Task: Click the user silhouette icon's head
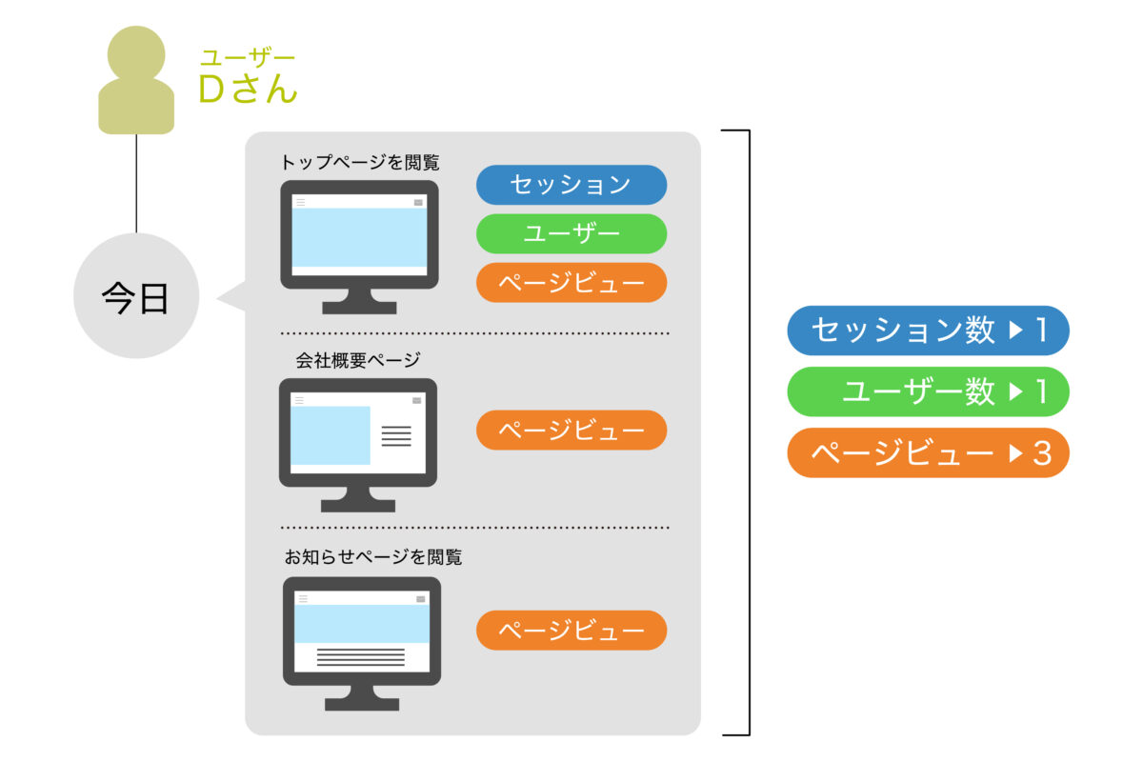(x=136, y=54)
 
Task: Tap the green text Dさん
(x=248, y=89)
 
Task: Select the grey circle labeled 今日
(x=136, y=296)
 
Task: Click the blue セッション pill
(x=571, y=185)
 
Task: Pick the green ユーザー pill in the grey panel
(x=571, y=233)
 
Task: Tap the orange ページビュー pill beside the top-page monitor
(x=571, y=283)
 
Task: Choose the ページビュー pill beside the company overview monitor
(x=571, y=431)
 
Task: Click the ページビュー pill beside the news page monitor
(x=571, y=631)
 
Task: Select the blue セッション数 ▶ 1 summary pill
(x=928, y=331)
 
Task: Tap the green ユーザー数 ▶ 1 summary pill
(x=928, y=391)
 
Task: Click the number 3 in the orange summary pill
(x=1042, y=453)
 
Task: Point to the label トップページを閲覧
(x=360, y=163)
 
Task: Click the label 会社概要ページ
(x=358, y=360)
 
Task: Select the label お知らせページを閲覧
(x=373, y=557)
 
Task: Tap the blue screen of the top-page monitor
(x=359, y=237)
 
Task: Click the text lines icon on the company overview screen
(x=396, y=436)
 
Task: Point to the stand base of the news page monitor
(x=362, y=704)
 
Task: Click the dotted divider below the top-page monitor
(x=474, y=333)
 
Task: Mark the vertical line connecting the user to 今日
(x=136, y=184)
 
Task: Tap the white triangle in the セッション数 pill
(x=1016, y=331)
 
